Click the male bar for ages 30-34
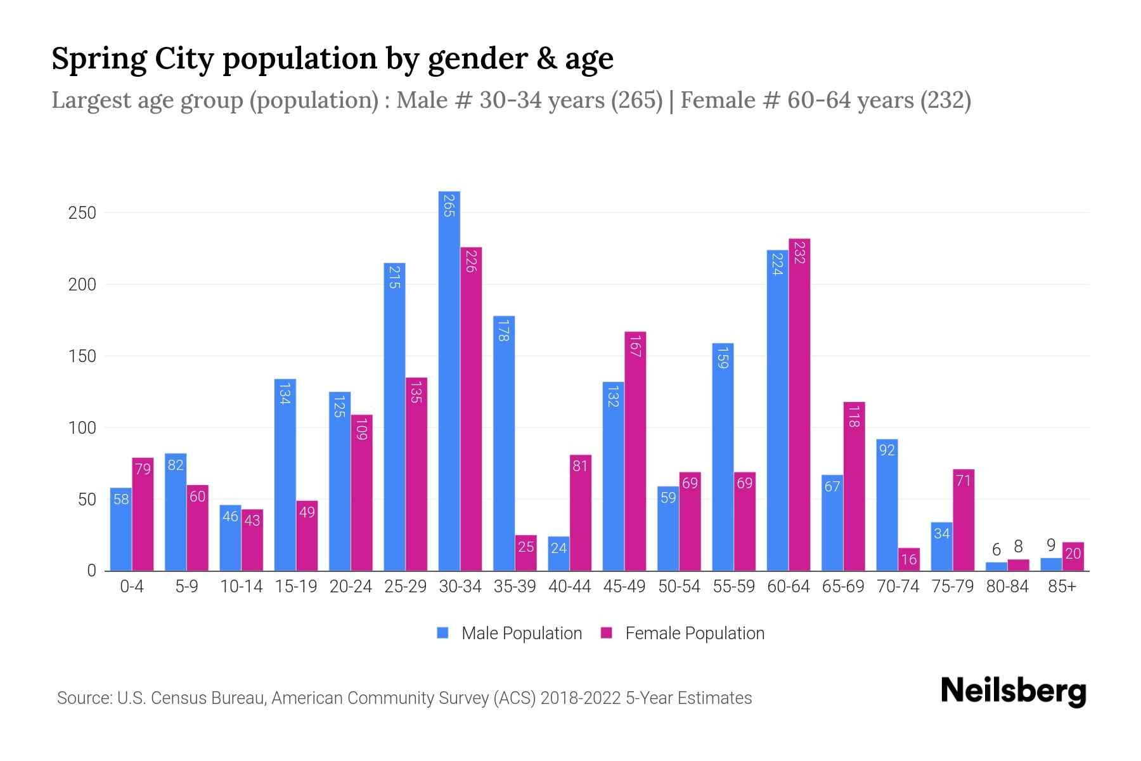tap(449, 380)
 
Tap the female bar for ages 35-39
tap(525, 553)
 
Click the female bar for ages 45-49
tap(635, 451)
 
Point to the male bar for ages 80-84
tap(996, 566)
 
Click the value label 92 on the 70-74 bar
tap(887, 450)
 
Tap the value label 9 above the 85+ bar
tap(1050, 545)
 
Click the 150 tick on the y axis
tap(82, 356)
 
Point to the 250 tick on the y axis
tap(82, 213)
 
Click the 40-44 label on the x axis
tap(569, 587)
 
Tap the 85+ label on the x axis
tap(1062, 587)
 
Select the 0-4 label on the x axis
tap(132, 587)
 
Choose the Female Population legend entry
tap(683, 634)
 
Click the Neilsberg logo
tap(1013, 691)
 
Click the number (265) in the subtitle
tap(636, 100)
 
